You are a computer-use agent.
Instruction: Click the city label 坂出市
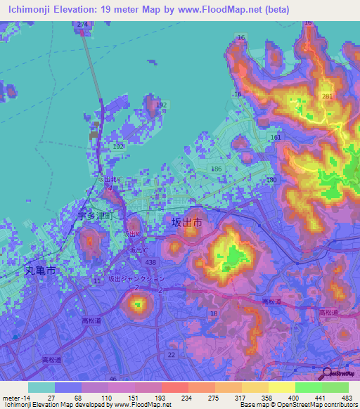coord(187,221)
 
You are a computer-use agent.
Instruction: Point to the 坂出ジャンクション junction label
coord(136,278)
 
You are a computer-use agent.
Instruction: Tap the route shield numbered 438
coord(150,261)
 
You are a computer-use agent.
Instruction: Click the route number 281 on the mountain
coord(326,96)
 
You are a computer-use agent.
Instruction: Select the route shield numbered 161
coord(276,138)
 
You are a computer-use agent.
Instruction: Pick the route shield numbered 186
coord(217,170)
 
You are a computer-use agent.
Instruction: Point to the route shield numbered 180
coord(271,181)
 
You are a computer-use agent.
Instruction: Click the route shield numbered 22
coord(172,354)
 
